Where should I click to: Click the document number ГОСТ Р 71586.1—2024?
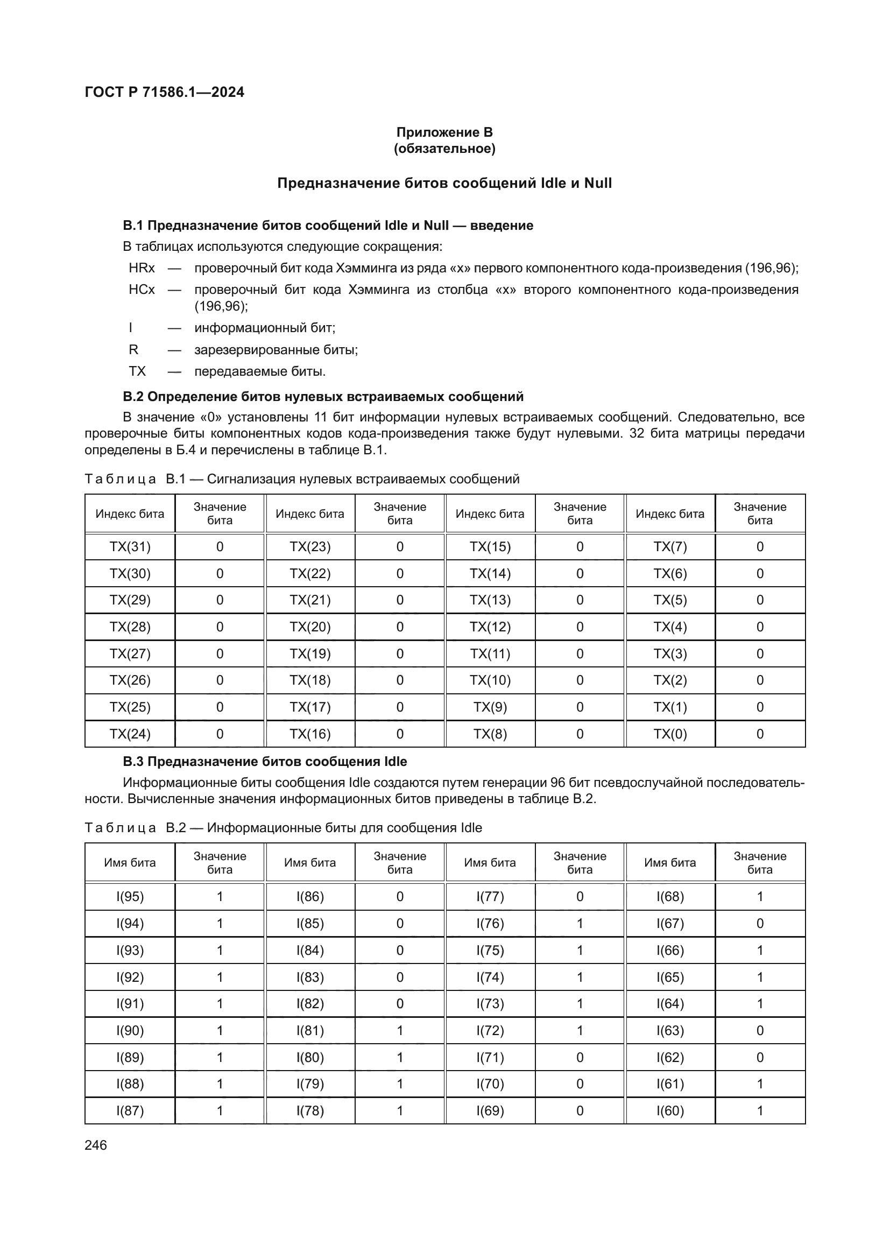coord(165,92)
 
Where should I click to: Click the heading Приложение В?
coord(444,132)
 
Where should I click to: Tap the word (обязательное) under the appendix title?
coord(444,149)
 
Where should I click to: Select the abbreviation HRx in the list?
coord(142,268)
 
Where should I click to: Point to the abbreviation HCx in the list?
coord(142,290)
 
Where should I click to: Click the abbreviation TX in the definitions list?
coord(137,371)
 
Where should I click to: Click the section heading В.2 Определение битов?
coord(323,397)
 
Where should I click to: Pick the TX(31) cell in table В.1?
coord(130,547)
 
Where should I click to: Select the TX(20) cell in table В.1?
coord(310,627)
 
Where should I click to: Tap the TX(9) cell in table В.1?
coord(490,707)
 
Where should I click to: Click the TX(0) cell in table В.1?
coord(670,734)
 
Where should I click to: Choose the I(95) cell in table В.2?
coord(130,897)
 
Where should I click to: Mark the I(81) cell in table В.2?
coord(310,1030)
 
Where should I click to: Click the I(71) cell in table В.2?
coord(490,1057)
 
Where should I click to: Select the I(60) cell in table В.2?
coord(670,1110)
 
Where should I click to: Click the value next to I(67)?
coord(760,924)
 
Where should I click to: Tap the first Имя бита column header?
coord(130,862)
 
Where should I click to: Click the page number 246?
coord(96,1145)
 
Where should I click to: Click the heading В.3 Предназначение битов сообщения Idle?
coord(265,762)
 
